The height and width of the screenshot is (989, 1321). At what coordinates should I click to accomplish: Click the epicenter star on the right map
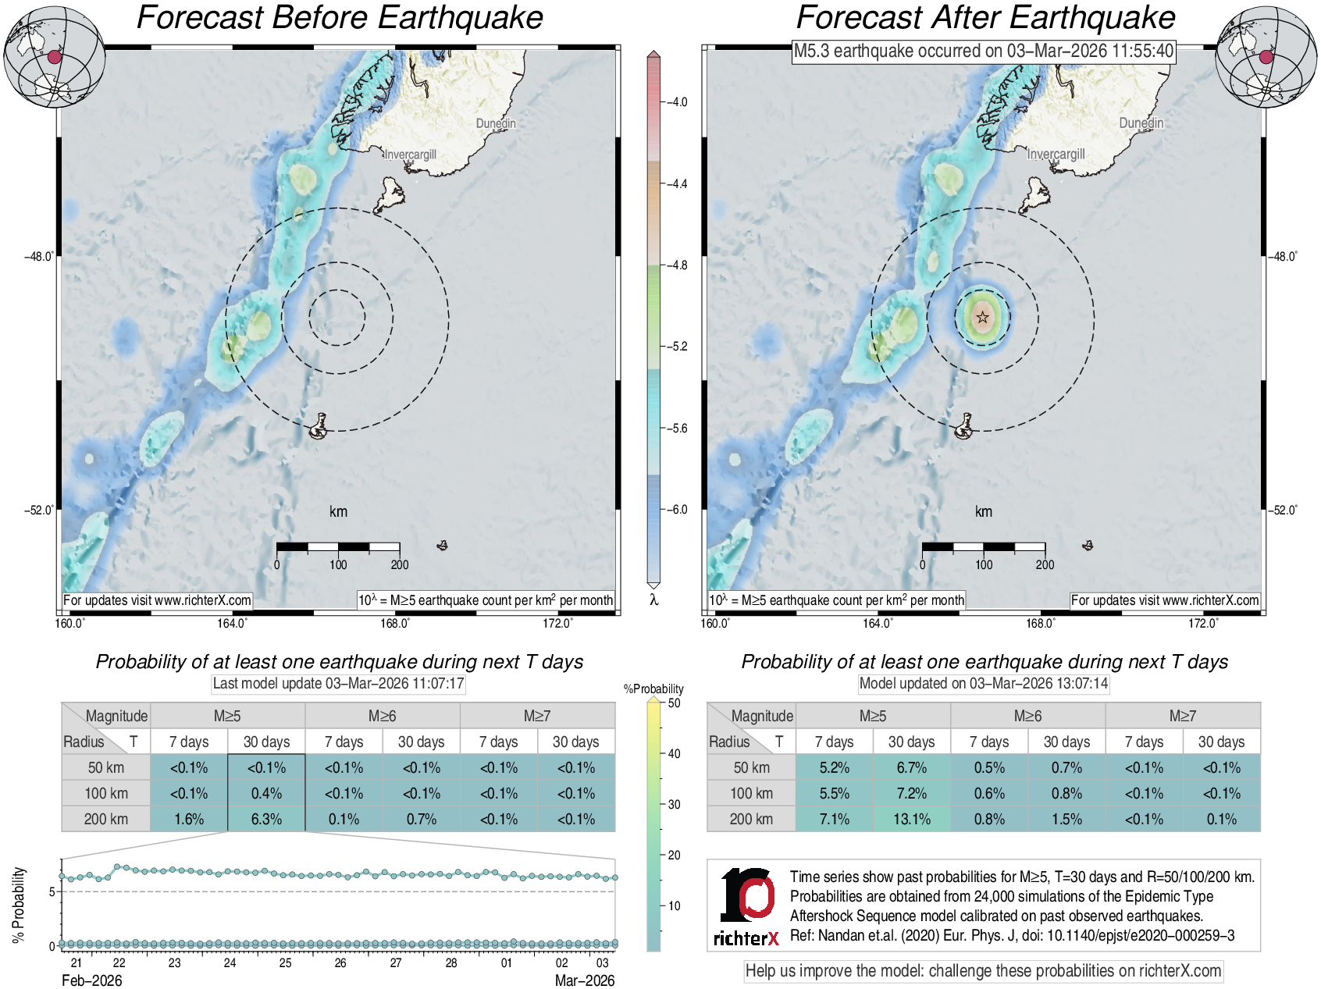point(982,317)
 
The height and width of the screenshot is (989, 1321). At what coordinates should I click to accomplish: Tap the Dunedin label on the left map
point(496,123)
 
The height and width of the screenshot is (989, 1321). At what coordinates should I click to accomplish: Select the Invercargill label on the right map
point(1056,154)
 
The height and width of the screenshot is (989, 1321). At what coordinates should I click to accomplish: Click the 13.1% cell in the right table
point(911,819)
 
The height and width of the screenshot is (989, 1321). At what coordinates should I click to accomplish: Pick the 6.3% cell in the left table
point(266,819)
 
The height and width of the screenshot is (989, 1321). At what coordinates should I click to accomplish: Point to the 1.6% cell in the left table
point(189,819)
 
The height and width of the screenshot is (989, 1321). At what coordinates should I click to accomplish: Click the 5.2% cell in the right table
point(834,767)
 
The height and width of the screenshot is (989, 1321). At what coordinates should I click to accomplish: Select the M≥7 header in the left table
point(537,716)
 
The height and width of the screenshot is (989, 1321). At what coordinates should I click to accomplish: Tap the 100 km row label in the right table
point(751,793)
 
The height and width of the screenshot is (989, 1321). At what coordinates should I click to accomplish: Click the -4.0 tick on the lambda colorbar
point(678,102)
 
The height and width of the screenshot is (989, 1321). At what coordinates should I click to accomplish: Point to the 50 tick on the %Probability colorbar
point(674,703)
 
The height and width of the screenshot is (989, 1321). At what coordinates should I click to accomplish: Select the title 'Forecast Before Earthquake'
point(340,17)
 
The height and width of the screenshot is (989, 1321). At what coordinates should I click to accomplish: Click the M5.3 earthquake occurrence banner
point(983,52)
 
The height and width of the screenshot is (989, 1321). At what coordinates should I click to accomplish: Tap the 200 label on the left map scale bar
point(399,564)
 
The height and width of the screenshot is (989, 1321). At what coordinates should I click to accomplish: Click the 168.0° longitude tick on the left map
point(394,623)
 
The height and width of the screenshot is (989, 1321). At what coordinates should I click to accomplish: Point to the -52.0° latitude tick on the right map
point(1281,510)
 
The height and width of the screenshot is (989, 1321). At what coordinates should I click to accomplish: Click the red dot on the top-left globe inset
point(54,56)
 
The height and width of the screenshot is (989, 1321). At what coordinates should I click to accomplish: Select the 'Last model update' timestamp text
point(339,684)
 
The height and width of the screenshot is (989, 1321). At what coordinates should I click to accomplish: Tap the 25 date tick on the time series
point(285,962)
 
